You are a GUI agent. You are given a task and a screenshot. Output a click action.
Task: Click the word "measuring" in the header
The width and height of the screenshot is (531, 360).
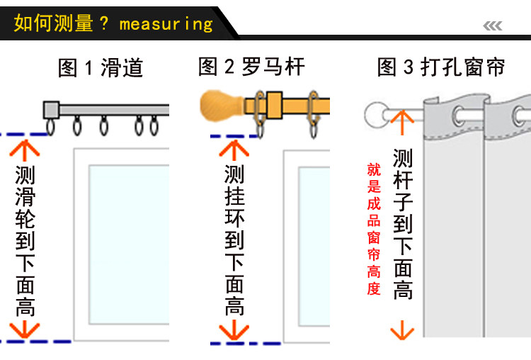tap(166, 23)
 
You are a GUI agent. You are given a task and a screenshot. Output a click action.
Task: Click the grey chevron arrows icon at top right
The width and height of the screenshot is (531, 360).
tap(493, 26)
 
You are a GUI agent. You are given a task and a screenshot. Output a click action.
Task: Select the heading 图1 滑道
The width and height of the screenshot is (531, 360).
tap(101, 68)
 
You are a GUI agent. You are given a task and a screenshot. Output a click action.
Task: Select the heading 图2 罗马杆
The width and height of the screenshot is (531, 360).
tap(251, 67)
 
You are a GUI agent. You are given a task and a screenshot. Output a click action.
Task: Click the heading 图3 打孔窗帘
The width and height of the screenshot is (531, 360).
tap(441, 68)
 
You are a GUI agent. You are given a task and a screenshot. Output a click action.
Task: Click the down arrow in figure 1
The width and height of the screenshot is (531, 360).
tap(24, 330)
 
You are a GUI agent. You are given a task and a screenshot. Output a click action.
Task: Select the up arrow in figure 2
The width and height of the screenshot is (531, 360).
tap(234, 148)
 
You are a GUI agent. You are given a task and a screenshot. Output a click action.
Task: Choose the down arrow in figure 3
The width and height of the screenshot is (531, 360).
tap(401, 330)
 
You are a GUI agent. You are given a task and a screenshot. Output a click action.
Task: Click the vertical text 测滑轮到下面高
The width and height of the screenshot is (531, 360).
tap(25, 241)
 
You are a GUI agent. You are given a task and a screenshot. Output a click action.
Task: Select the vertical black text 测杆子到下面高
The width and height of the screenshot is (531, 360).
tap(402, 223)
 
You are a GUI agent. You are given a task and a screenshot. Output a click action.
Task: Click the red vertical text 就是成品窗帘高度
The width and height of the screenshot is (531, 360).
tap(374, 229)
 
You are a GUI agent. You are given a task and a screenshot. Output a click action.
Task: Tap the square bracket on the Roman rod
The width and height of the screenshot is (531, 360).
tap(274, 104)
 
